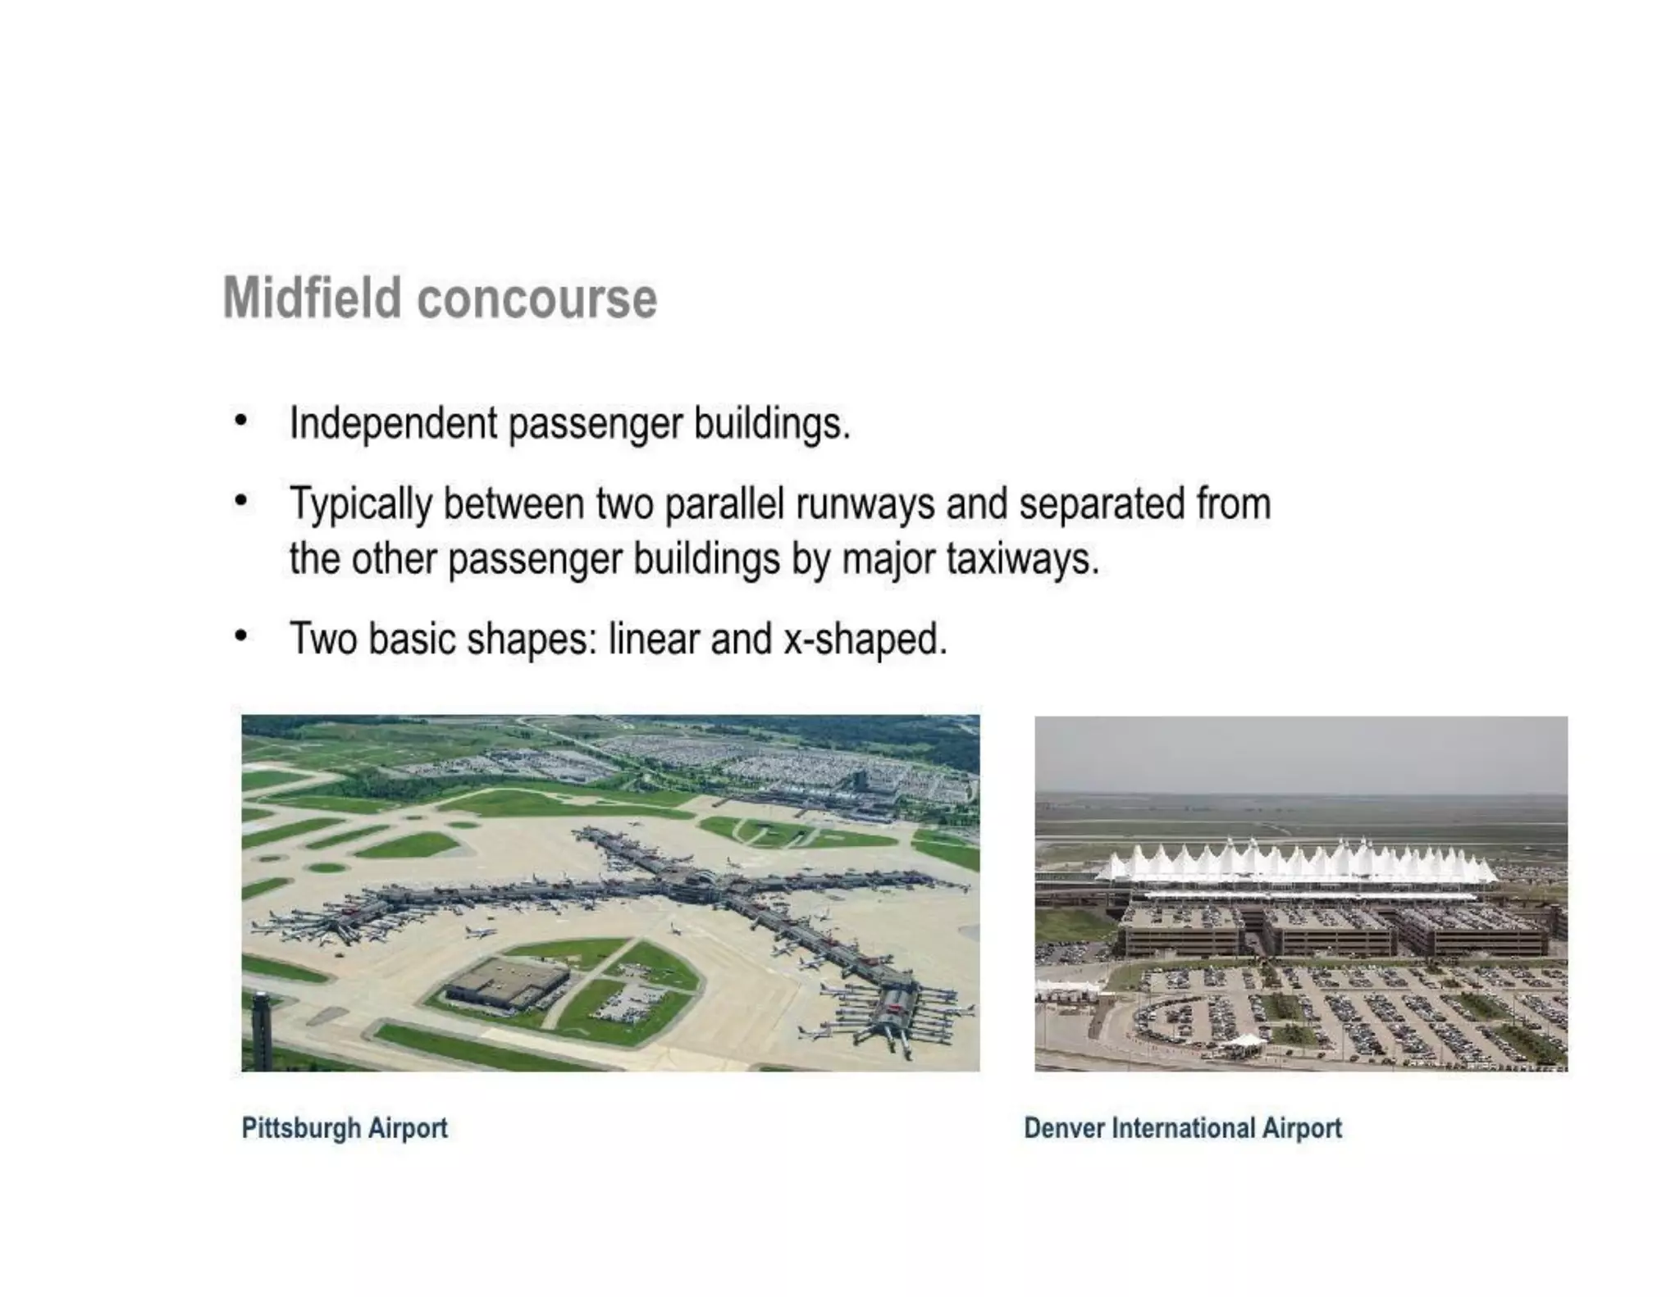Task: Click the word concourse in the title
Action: (537, 298)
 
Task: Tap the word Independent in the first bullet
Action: (393, 424)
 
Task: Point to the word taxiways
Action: (1022, 559)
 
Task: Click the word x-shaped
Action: (865, 639)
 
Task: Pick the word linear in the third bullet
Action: (653, 639)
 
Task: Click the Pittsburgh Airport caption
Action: (345, 1128)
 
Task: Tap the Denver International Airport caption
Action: (1182, 1128)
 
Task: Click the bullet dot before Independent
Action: (240, 421)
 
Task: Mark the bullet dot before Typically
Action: (240, 500)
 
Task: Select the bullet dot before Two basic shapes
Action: (240, 635)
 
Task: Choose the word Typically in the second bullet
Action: (361, 505)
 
